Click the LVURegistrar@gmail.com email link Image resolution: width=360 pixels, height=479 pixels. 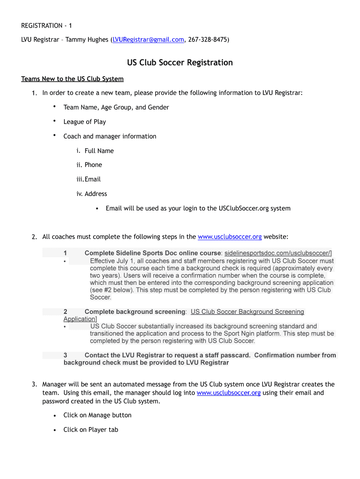click(148, 40)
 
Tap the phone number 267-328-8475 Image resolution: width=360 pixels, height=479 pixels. click(208, 40)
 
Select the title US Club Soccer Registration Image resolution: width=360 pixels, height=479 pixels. click(180, 63)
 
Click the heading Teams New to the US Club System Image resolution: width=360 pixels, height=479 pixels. click(72, 79)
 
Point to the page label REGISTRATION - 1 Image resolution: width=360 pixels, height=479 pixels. click(47, 25)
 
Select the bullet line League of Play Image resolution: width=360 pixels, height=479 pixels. click(85, 122)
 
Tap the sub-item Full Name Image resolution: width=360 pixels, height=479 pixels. click(99, 151)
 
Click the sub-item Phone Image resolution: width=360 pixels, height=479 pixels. click(93, 165)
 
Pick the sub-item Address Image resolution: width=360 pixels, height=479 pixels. click(96, 194)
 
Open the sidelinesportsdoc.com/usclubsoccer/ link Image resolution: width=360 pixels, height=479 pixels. click(278, 253)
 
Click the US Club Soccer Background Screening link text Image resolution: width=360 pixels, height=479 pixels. click(247, 312)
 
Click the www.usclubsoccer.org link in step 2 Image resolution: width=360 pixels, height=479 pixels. click(230, 237)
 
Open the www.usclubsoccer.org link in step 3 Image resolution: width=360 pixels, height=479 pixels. click(229, 393)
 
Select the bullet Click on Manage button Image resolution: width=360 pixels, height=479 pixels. click(97, 415)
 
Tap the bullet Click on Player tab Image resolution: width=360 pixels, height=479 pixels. click(91, 429)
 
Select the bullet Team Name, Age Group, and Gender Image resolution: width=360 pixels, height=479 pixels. click(116, 107)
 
